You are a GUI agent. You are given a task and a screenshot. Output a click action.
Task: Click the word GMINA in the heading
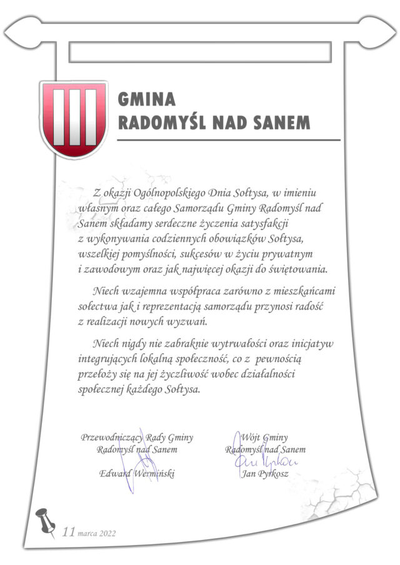coord(147,100)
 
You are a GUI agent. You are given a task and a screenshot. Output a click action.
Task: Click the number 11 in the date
coord(69,532)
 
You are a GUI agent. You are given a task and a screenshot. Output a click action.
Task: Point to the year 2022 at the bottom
coord(106,533)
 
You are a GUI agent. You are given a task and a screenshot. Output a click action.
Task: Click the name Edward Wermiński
coord(137,473)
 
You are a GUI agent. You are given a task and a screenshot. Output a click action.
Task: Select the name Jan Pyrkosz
coord(266,473)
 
